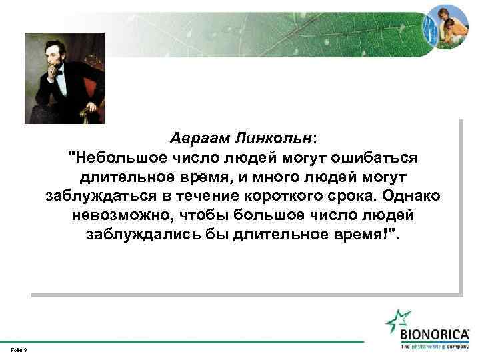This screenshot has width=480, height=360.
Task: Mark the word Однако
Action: coord(413,197)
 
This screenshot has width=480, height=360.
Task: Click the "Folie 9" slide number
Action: coord(19,349)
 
